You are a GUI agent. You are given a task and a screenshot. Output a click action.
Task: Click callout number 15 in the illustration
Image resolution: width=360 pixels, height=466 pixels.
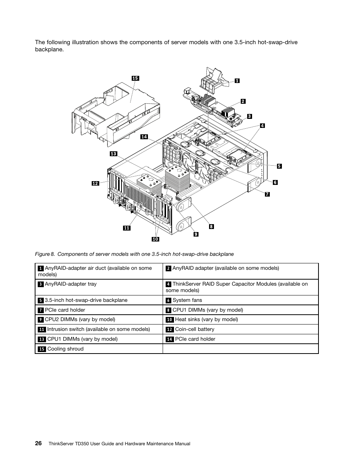[135, 78]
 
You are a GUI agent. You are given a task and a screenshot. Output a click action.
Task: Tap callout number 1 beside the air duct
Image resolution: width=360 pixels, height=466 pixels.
[237, 80]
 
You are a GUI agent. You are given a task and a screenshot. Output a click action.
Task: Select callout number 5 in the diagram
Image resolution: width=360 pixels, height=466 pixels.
[279, 166]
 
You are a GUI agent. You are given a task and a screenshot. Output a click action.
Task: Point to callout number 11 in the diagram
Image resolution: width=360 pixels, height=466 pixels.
[126, 228]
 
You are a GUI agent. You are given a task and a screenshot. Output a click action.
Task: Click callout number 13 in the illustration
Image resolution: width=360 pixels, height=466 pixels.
[114, 154]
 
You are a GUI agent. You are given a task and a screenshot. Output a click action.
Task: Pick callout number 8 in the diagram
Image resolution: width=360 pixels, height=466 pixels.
[211, 226]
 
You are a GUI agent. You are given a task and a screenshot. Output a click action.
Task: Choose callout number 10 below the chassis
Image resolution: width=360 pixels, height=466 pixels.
[155, 239]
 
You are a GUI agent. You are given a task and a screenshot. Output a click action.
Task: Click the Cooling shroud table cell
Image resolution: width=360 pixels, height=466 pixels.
[99, 349]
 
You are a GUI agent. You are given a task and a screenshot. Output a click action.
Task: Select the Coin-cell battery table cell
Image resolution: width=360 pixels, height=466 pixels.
[240, 329]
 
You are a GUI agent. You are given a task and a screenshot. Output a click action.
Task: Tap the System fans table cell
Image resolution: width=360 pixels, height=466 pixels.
[240, 300]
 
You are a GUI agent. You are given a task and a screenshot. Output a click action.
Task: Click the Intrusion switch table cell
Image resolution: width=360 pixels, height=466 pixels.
[99, 329]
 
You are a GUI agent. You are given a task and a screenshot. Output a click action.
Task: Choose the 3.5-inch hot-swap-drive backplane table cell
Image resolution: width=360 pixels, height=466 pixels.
[99, 300]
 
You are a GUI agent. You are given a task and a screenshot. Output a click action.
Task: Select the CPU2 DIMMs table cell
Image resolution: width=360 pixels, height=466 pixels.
[99, 320]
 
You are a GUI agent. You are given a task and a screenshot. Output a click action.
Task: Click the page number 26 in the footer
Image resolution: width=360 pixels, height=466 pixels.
[38, 443]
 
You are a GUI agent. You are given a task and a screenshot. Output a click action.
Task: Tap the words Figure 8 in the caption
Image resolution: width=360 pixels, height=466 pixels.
[44, 254]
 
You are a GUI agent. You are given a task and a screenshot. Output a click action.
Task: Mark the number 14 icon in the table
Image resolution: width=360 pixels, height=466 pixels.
[169, 339]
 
